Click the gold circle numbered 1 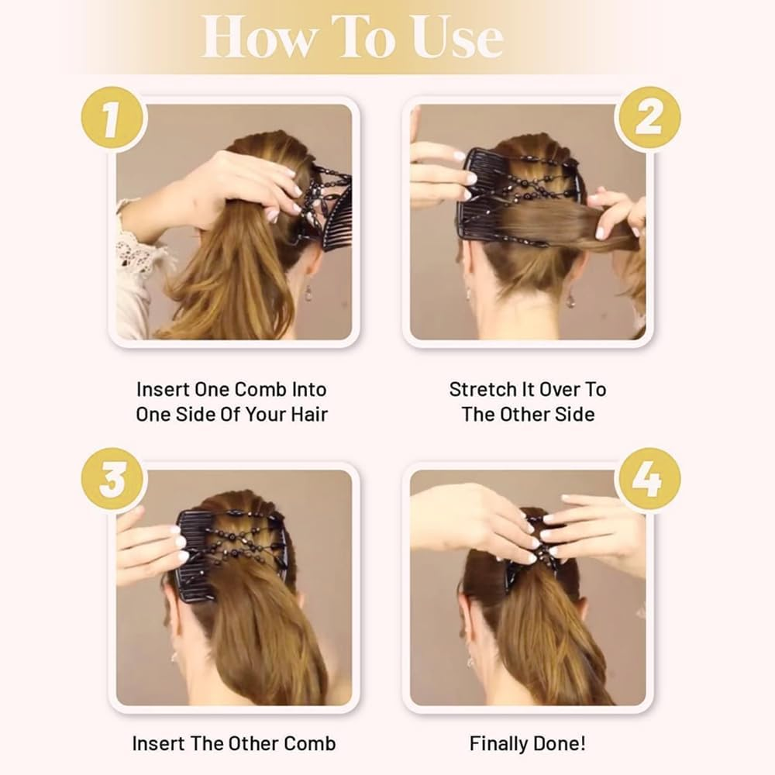click(113, 118)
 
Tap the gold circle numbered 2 click(648, 118)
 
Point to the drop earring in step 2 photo click(571, 298)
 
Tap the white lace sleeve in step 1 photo click(139, 256)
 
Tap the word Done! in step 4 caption click(560, 744)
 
